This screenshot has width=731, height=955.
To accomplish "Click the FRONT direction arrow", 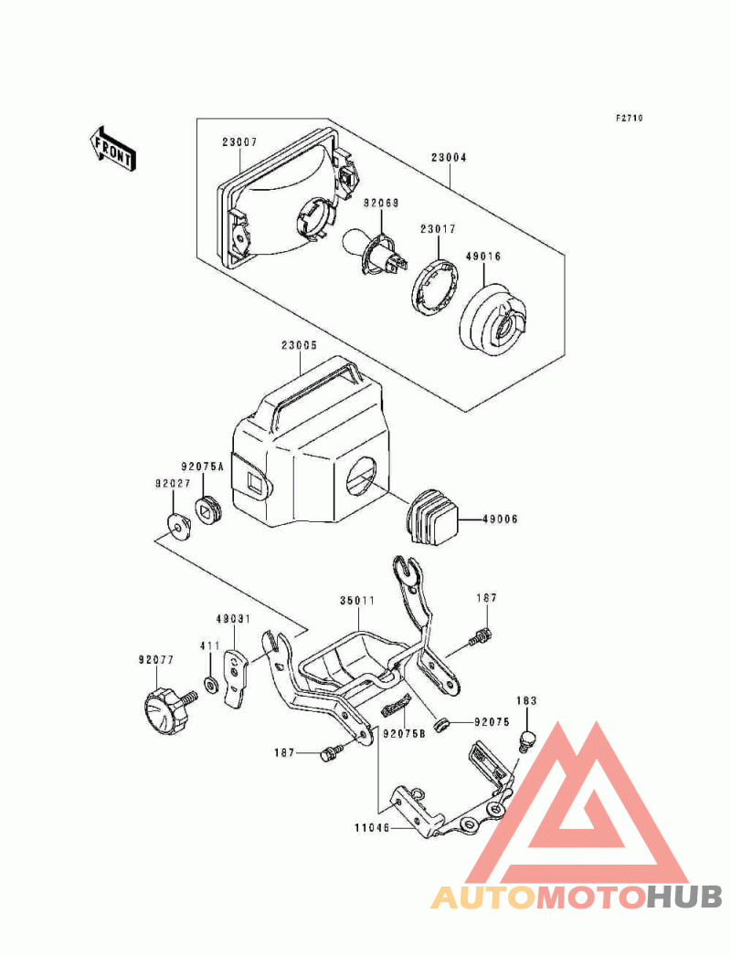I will coord(112,147).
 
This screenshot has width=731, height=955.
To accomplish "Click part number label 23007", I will coord(238,142).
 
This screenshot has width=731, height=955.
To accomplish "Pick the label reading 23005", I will coord(299,346).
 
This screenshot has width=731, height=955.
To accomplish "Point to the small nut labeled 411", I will coord(212,685).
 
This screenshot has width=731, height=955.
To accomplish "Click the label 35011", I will coord(357,602).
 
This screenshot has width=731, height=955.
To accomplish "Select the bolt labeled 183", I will coord(526,740).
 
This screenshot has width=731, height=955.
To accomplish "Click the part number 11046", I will coord(374,828).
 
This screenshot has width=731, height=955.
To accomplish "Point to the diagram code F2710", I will coord(629,118).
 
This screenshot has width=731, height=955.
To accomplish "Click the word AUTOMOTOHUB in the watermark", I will coord(577,897).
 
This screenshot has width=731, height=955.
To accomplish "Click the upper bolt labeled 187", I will coord(480,638).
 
